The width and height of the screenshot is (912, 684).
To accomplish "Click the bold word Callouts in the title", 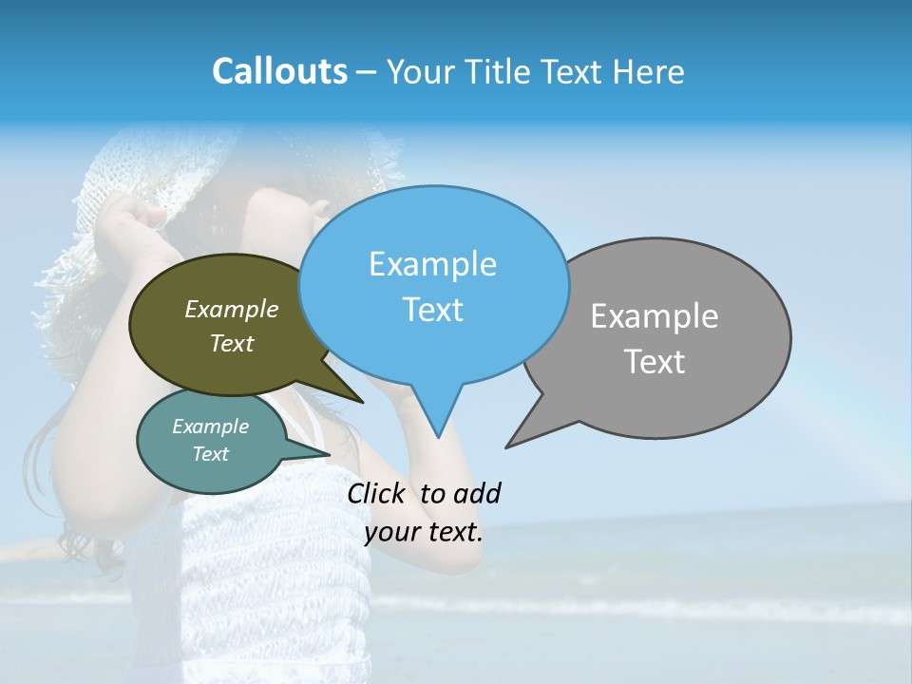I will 279,71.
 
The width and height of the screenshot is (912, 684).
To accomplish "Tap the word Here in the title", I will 650,72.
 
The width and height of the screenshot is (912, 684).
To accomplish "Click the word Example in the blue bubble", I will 432,264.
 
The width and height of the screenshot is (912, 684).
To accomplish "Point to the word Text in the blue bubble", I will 432,310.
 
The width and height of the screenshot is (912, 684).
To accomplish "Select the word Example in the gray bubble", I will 655,316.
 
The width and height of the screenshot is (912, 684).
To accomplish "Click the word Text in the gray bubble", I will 655,362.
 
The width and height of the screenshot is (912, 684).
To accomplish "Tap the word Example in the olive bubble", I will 232,310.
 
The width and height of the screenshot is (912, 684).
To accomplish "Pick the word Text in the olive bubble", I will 232,344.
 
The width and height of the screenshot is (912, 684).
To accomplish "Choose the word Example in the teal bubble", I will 210,427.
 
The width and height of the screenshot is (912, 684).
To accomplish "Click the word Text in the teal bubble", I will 210,454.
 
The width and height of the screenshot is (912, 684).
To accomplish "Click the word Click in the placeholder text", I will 378,494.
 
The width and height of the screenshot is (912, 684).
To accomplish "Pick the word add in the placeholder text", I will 476,494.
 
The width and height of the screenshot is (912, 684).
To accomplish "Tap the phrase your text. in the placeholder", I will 424,532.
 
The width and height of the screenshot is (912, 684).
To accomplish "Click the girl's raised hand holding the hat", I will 133,228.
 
